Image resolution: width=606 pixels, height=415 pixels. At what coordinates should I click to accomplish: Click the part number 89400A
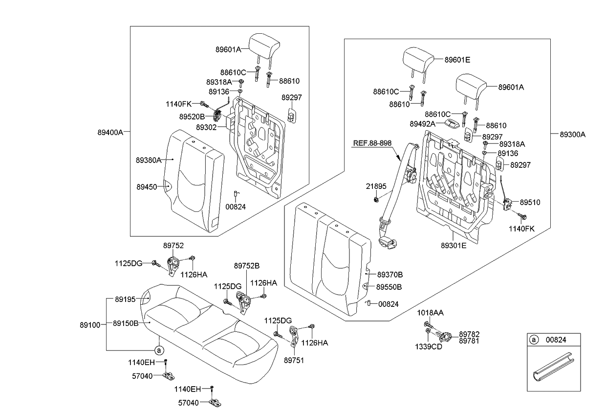pos(109,131)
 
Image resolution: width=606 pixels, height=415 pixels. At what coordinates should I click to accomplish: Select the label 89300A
pos(572,134)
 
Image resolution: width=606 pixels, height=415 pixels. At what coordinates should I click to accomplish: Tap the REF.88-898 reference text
pos(372,143)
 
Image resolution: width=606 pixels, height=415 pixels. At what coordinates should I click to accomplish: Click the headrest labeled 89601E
pos(418,61)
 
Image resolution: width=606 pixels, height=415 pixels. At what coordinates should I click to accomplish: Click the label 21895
pos(376,186)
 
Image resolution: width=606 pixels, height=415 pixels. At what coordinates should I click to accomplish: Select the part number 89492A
pos(422,124)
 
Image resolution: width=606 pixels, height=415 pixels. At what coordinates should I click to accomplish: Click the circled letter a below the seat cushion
pos(158,350)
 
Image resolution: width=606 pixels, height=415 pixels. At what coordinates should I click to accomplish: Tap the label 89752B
pos(247,266)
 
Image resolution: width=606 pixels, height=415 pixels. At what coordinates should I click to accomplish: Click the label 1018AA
pos(430,313)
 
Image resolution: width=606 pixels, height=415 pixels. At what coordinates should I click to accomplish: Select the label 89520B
pos(192,117)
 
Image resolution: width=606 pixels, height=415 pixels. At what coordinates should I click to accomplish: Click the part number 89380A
pos(149,160)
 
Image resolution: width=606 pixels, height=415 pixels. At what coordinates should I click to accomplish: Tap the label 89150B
pos(126,323)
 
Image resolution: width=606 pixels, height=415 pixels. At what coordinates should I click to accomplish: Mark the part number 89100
pos(90,324)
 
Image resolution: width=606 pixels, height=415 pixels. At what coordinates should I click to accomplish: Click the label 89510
pos(530,202)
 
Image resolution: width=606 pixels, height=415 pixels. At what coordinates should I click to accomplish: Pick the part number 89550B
pos(389,287)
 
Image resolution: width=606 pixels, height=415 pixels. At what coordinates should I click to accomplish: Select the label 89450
pos(147,186)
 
